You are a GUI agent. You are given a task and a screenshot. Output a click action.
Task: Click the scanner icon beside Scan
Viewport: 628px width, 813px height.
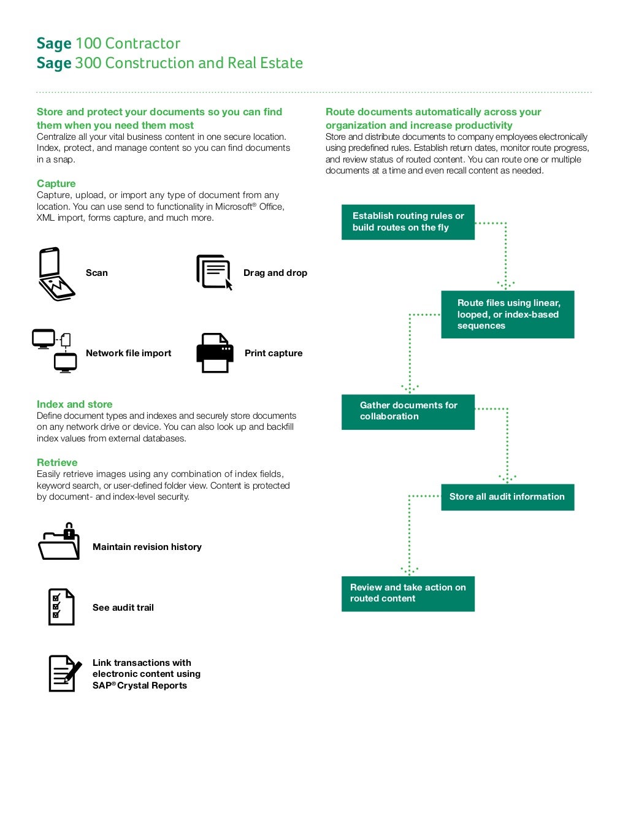pos(56,274)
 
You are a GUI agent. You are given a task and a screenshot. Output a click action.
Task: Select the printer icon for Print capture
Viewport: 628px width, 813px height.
pos(215,353)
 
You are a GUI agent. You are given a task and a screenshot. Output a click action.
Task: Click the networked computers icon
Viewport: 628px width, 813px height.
pos(55,351)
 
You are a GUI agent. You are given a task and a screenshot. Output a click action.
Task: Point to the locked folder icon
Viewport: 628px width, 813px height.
pos(59,542)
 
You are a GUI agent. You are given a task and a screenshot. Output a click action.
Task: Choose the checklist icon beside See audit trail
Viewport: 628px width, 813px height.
pos(61,607)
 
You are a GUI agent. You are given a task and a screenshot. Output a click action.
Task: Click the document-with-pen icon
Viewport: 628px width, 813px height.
pos(64,673)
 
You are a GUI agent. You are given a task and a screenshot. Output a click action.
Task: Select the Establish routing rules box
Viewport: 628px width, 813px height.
pos(408,222)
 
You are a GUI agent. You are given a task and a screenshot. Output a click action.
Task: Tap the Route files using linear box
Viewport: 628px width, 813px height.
pos(507,315)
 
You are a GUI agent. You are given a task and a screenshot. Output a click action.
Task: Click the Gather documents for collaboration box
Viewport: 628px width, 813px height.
pos(408,411)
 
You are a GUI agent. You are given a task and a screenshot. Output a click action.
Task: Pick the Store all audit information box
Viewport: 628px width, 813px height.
pos(507,497)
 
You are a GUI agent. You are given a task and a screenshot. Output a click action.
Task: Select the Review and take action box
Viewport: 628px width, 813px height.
pos(408,594)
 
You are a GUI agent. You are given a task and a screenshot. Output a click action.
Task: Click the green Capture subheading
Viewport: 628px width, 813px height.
pos(56,183)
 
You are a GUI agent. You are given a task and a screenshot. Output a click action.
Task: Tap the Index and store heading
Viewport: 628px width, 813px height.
pos(75,404)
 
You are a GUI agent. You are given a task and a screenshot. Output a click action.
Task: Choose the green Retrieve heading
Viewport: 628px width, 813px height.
pos(57,462)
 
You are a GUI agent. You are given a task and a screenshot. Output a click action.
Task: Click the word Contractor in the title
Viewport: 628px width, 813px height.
pos(142,44)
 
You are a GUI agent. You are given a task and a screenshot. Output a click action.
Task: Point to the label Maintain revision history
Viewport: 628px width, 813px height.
pos(147,547)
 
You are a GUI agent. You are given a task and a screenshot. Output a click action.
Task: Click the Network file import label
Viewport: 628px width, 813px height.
pos(129,353)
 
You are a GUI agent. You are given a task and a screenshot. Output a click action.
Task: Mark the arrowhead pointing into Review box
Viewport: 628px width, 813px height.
pos(409,571)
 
